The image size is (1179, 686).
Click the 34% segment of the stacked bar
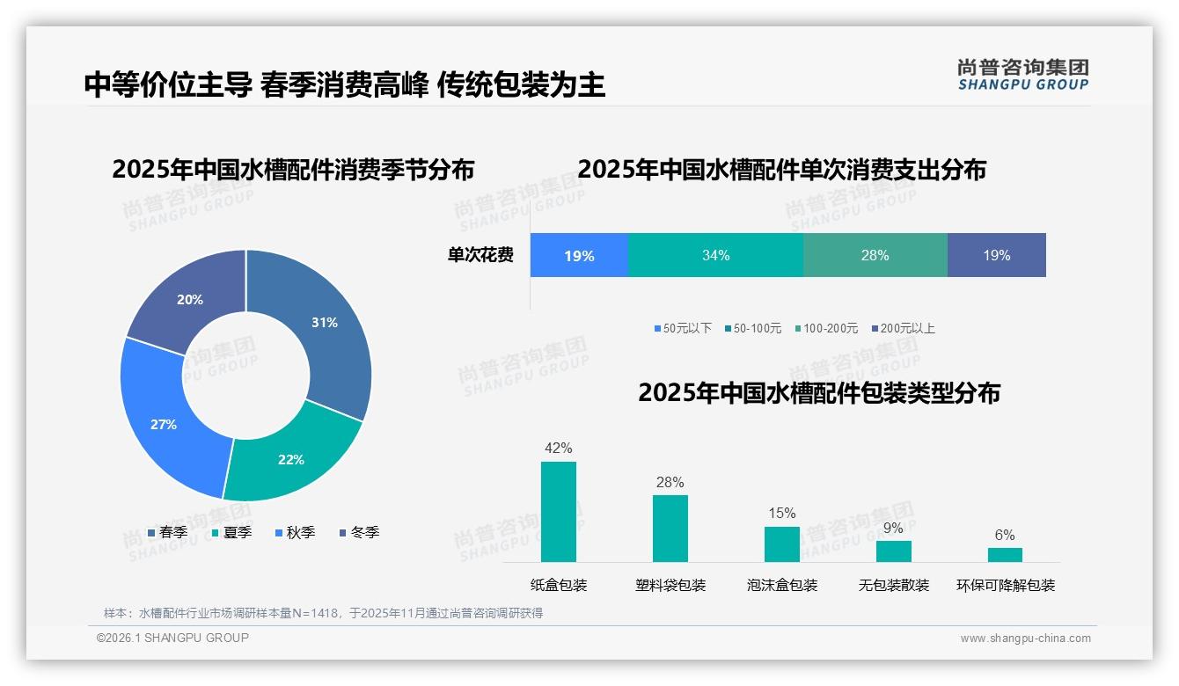[x=715, y=256]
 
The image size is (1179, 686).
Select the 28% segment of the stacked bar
[x=875, y=256]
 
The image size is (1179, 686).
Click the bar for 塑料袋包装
[x=670, y=529]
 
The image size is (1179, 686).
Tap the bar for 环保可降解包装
[x=1005, y=555]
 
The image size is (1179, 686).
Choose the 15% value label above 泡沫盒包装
[x=781, y=514]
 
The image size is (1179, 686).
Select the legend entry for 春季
[x=167, y=533]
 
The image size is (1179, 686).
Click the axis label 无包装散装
[x=893, y=586]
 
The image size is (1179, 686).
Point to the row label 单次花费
[x=480, y=256]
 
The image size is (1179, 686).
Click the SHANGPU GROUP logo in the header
[x=1022, y=75]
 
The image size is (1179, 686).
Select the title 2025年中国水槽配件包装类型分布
[x=819, y=393]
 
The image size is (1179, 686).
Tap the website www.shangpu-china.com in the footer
[x=1025, y=639]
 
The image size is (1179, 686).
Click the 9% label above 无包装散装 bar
[x=893, y=529]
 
